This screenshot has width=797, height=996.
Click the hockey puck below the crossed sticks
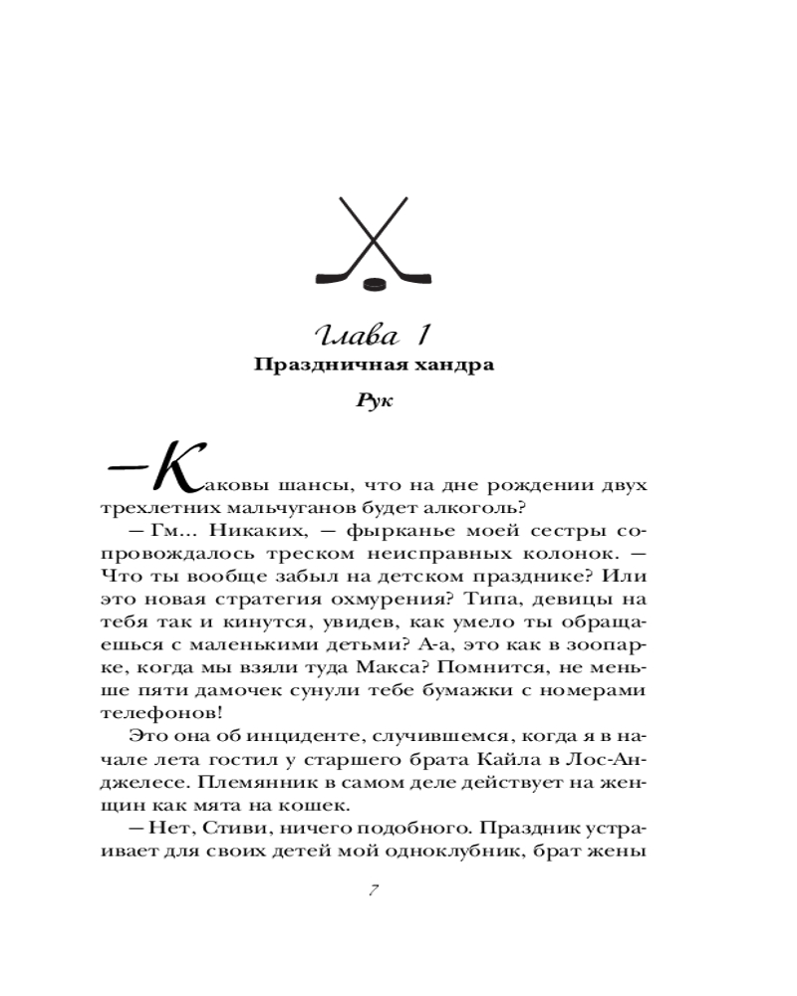click(376, 283)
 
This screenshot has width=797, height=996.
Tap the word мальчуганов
click(272, 509)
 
